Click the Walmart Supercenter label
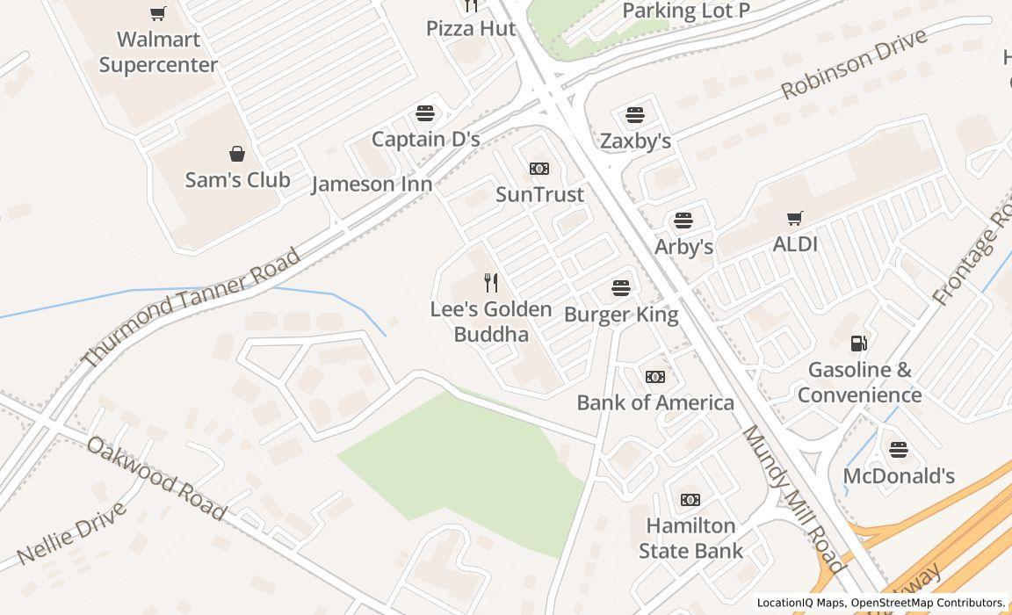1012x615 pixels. [x=158, y=52]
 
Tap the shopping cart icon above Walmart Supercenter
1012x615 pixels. [x=158, y=13]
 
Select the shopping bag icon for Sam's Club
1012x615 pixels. [x=237, y=155]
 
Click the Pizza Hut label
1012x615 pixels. [x=471, y=28]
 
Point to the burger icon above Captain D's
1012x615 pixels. [x=425, y=113]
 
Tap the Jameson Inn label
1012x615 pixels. [x=372, y=184]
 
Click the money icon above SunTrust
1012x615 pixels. [x=539, y=169]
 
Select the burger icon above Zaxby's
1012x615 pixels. [x=635, y=115]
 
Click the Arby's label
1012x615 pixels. [x=683, y=247]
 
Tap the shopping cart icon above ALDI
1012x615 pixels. [x=795, y=218]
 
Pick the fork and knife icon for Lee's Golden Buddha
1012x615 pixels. [x=491, y=283]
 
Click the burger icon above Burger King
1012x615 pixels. [x=621, y=288]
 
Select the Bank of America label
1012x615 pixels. [x=655, y=402]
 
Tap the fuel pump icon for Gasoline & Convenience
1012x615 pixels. [x=859, y=344]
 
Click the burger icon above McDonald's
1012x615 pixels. [x=898, y=450]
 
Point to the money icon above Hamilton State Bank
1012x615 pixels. [x=690, y=500]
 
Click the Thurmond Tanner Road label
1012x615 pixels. [x=192, y=307]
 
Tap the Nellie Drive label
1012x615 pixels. [x=72, y=533]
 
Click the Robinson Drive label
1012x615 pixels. [x=854, y=63]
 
